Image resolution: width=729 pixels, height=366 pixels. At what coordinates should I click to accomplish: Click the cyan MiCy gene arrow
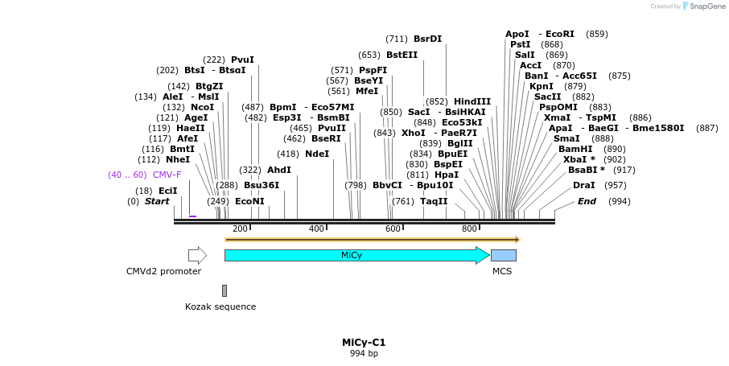pyautogui.click(x=354, y=255)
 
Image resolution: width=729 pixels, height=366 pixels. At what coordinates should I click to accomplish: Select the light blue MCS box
pyautogui.click(x=504, y=255)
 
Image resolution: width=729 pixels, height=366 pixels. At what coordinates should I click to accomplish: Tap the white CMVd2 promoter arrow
pyautogui.click(x=197, y=255)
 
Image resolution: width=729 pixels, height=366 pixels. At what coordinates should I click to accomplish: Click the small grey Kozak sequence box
pyautogui.click(x=224, y=290)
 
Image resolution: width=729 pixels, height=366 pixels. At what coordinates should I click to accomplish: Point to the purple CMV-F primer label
pyautogui.click(x=167, y=175)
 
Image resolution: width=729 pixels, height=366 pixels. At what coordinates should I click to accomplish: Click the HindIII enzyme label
pyautogui.click(x=472, y=101)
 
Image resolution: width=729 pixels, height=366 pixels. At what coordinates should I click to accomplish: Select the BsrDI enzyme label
pyautogui.click(x=427, y=39)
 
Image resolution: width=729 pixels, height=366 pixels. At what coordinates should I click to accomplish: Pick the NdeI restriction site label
pyautogui.click(x=317, y=154)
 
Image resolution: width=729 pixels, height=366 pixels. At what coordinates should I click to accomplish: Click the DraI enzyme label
pyautogui.click(x=584, y=185)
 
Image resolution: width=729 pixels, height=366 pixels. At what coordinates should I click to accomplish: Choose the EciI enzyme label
pyautogui.click(x=167, y=191)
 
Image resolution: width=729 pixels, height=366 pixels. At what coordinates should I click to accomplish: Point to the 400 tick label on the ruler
pyautogui.click(x=316, y=229)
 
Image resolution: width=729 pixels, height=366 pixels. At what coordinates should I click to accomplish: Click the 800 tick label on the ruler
pyautogui.click(x=469, y=229)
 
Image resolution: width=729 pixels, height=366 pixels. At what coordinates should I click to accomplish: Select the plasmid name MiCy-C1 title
pyautogui.click(x=364, y=342)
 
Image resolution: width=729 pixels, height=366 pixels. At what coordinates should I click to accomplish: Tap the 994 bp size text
pyautogui.click(x=364, y=353)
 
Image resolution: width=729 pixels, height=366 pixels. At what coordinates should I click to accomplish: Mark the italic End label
pyautogui.click(x=587, y=201)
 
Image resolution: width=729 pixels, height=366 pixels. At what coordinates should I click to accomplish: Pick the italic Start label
pyautogui.click(x=157, y=201)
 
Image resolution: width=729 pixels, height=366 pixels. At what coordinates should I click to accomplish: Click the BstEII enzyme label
pyautogui.click(x=402, y=55)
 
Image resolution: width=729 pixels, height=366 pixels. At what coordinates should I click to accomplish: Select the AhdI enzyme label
pyautogui.click(x=279, y=170)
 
